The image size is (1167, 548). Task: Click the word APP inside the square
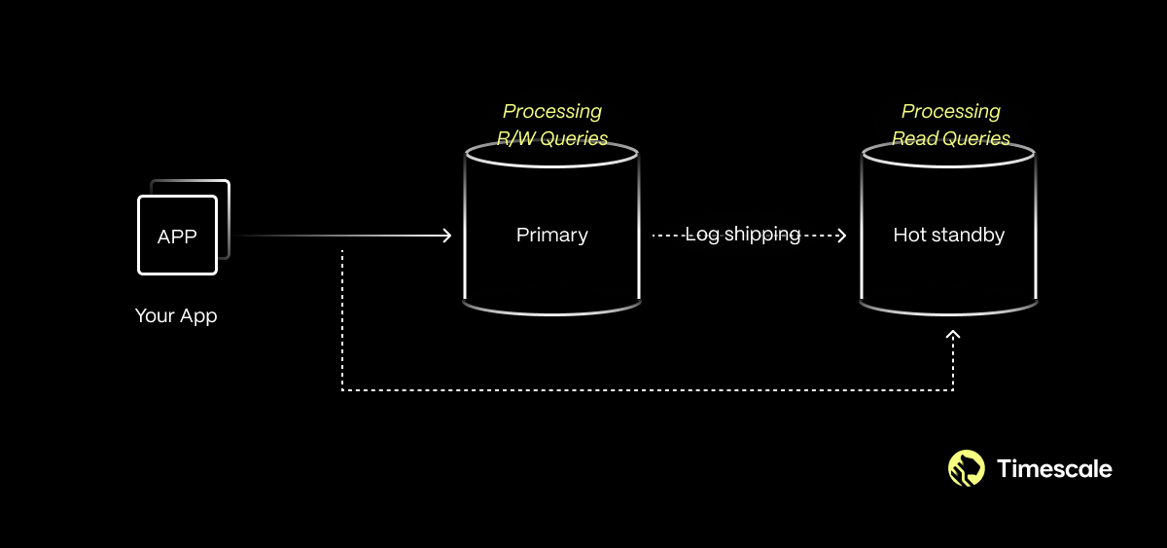click(x=177, y=236)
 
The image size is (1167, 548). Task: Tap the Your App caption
click(x=176, y=315)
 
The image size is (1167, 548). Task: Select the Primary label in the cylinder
click(x=551, y=235)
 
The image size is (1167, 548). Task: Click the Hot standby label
click(x=948, y=235)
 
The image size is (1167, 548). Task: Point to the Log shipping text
click(x=743, y=235)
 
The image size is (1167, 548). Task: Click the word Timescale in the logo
click(x=1054, y=468)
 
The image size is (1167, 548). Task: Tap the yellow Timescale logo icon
click(x=966, y=468)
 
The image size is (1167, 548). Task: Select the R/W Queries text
click(x=552, y=138)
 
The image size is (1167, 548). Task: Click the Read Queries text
click(x=950, y=138)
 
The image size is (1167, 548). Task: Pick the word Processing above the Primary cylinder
click(x=551, y=111)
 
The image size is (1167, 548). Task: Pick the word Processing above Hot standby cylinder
click(x=950, y=111)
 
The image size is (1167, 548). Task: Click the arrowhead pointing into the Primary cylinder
click(x=447, y=236)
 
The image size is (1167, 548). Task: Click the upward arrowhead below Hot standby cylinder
click(x=953, y=335)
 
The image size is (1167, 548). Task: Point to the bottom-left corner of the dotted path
click(x=342, y=390)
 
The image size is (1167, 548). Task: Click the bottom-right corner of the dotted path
click(x=953, y=390)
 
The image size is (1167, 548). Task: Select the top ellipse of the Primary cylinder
click(x=551, y=153)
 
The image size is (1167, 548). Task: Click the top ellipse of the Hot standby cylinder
click(x=949, y=153)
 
